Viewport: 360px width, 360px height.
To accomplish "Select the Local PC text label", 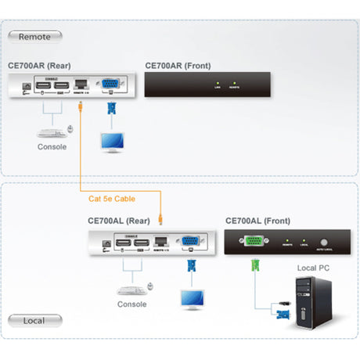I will pos(315,268).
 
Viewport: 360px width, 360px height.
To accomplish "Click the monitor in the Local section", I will pos(191,297).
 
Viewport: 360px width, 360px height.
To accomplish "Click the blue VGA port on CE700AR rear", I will pos(110,85).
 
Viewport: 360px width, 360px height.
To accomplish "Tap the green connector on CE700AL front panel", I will pos(254,242).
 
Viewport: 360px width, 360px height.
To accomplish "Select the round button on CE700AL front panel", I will pos(323,242).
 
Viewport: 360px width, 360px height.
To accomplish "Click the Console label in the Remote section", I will pos(52,147).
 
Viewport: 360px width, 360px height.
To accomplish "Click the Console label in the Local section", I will pos(131,304).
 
